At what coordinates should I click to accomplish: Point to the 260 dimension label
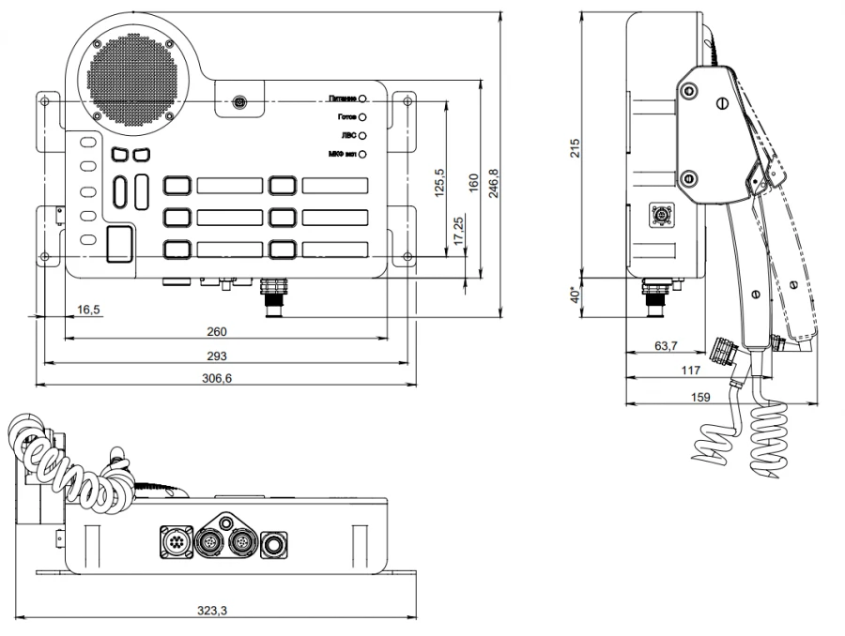click(x=217, y=331)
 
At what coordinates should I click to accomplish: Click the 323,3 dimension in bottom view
click(x=212, y=611)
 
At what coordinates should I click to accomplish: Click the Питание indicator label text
click(x=343, y=98)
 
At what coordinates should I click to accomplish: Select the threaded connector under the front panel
click(x=275, y=295)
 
